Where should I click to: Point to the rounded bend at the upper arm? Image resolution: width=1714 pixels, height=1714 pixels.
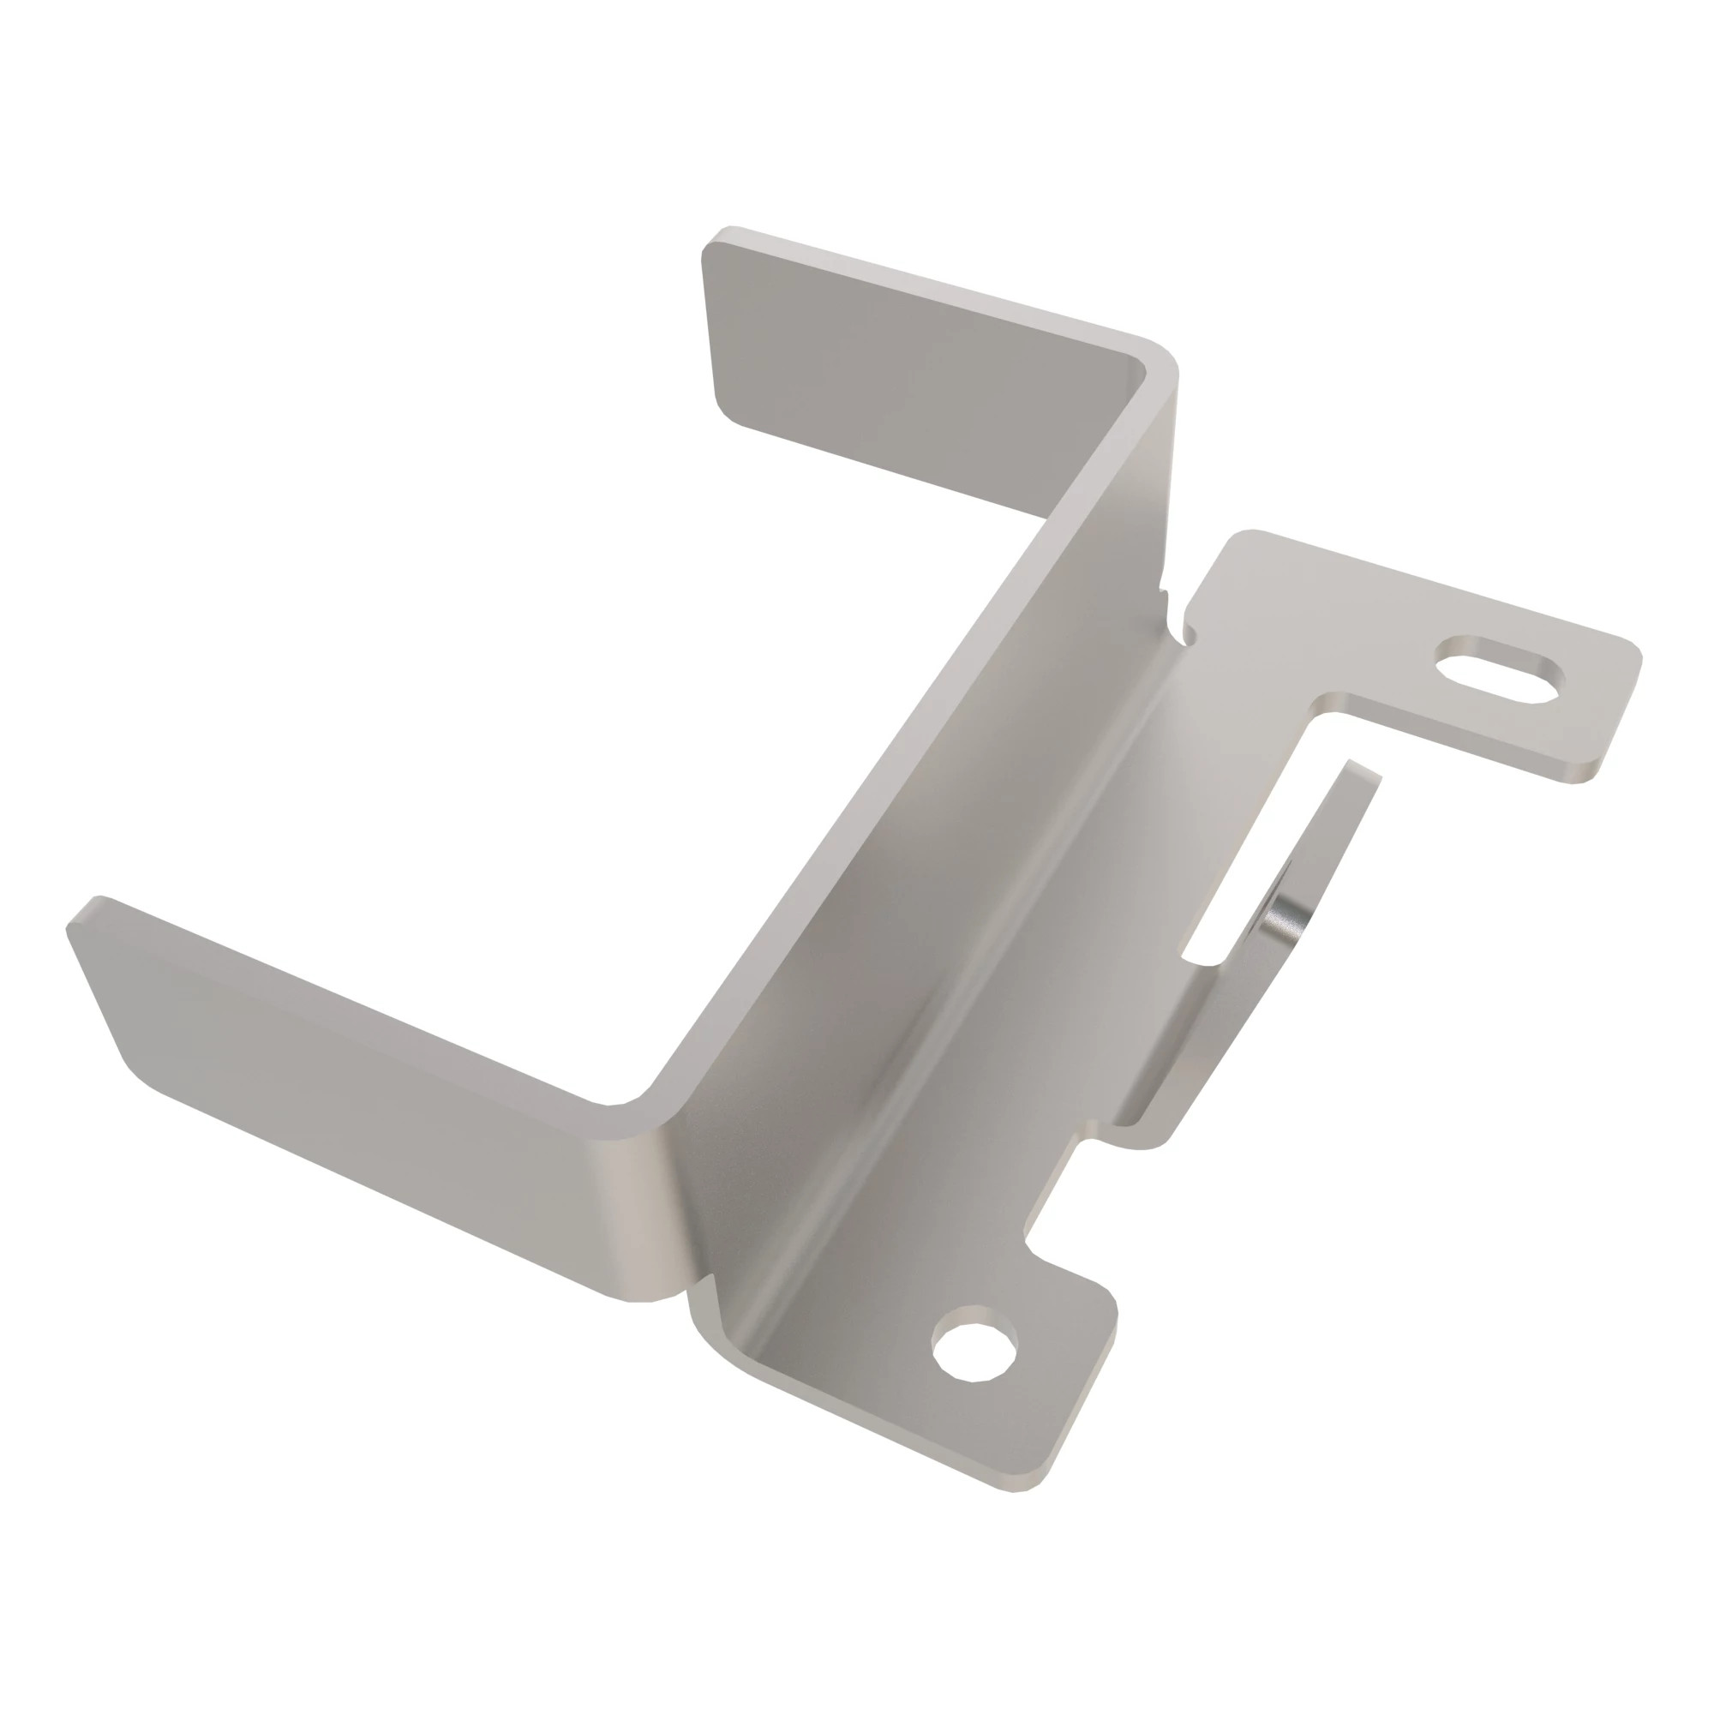point(1154,373)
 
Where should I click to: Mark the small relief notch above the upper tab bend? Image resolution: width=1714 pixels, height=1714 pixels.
point(1176,612)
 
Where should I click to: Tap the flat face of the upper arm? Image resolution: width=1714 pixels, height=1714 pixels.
point(905,373)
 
